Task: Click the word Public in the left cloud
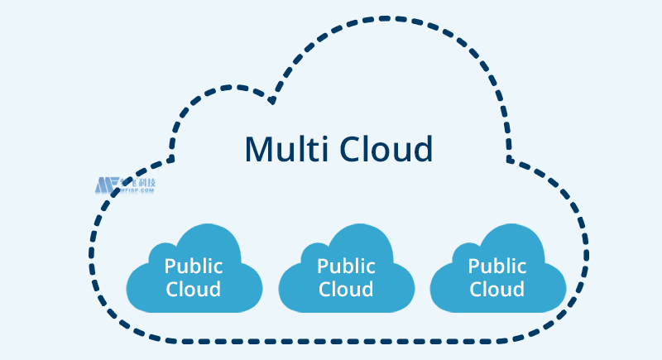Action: tap(194, 266)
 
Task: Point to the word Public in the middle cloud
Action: tap(346, 266)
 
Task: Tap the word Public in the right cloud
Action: tap(497, 266)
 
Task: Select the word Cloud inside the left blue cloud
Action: tap(194, 289)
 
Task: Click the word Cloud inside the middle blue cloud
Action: tap(346, 289)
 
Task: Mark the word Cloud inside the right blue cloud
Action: tap(497, 289)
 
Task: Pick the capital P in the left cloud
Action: tap(170, 266)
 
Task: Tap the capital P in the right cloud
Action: tap(473, 266)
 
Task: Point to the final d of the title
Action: tap(423, 149)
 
